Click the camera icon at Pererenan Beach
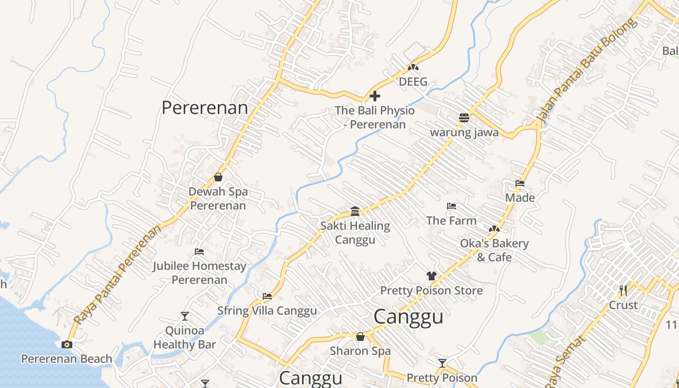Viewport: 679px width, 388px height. coord(67,344)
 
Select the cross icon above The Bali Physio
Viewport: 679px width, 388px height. coord(374,96)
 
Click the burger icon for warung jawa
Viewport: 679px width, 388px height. coord(464,118)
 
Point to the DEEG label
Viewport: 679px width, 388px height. coord(413,81)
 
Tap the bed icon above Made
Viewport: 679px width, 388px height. coord(520,184)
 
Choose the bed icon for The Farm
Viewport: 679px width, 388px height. coord(452,206)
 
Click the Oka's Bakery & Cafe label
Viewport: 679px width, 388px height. coord(494,250)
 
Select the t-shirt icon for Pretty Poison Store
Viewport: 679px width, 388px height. coord(431,276)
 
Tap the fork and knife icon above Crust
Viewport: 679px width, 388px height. coord(623,291)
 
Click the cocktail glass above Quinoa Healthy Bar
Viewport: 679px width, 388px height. coord(184,316)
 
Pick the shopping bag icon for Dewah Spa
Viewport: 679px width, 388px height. coord(218,177)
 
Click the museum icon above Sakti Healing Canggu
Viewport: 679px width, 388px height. coord(355,211)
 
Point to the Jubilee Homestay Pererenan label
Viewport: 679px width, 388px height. coord(199,273)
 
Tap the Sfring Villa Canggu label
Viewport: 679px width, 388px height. coord(267,310)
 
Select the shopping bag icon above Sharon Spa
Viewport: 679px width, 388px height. coord(360,337)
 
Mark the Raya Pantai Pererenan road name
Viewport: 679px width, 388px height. coord(117,275)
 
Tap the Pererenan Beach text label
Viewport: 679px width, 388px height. coord(66,359)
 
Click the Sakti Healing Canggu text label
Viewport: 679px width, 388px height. coord(355,232)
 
